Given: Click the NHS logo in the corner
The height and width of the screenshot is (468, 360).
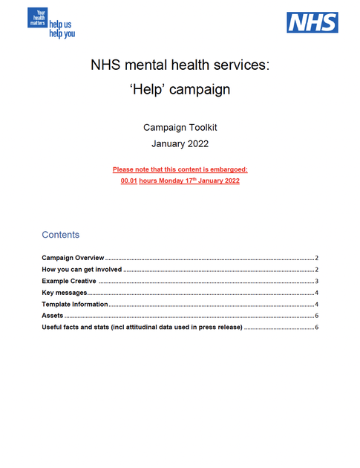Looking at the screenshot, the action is [312, 22].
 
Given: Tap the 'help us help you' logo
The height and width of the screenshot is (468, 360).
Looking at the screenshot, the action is [51, 22].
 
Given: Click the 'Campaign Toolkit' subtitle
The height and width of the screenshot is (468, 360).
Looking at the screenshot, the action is [180, 128].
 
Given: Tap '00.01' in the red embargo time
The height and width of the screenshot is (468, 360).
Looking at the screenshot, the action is [129, 181].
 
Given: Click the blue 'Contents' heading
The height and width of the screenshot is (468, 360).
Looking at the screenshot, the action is [60, 235].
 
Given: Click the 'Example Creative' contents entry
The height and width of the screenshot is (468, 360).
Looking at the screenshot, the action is [69, 281].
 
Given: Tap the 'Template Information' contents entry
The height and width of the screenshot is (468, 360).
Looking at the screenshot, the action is [75, 305].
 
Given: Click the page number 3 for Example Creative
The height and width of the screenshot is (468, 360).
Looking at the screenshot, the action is [316, 281].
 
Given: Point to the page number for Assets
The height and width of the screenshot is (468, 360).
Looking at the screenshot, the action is [316, 316].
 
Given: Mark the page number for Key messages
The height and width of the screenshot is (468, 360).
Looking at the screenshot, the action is [316, 293].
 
